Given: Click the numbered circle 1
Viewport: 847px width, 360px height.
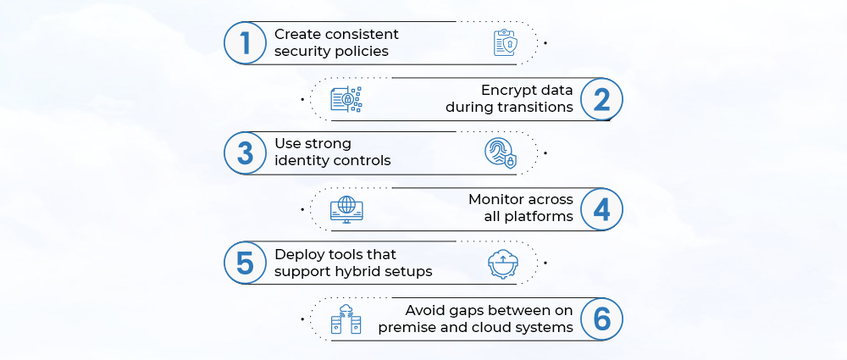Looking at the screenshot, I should tap(245, 43).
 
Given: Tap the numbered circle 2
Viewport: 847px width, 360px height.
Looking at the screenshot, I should tap(601, 99).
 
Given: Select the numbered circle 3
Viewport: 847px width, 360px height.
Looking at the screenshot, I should tap(245, 153).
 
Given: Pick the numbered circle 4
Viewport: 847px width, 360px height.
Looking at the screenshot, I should tap(601, 209).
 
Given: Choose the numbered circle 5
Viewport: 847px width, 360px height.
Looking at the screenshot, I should tap(245, 263).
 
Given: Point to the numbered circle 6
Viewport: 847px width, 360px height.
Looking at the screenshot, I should tap(601, 318).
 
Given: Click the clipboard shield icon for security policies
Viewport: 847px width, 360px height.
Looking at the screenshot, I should tap(505, 43).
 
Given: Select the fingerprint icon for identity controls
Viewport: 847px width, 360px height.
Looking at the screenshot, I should tap(499, 153).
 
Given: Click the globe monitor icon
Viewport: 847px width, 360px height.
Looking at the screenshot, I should tap(346, 208).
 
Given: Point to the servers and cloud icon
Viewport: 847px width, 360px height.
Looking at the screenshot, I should tap(346, 318).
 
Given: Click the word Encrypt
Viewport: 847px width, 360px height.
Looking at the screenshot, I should tap(507, 91).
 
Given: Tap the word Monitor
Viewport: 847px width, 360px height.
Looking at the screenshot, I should tap(497, 200).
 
